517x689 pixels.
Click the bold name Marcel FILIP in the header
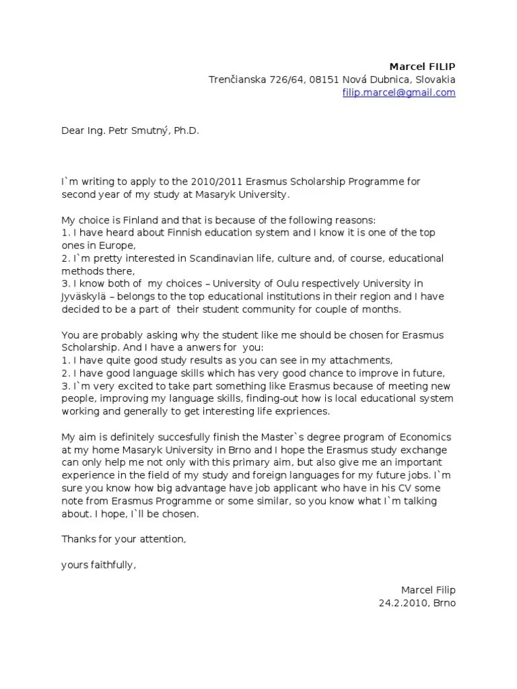point(422,66)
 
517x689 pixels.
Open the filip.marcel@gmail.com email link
point(399,92)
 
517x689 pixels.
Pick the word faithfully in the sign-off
point(110,565)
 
